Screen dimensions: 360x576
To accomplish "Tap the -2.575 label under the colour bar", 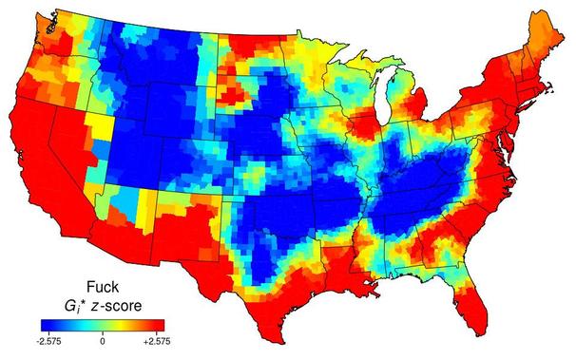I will [x=49, y=338].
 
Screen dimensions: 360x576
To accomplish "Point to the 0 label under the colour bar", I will [x=103, y=338].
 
